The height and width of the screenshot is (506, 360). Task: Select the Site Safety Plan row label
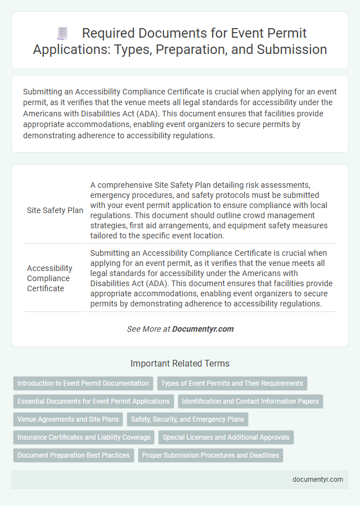coord(55,210)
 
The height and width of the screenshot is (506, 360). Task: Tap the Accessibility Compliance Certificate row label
coord(49,278)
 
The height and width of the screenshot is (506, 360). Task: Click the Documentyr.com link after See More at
coord(203,329)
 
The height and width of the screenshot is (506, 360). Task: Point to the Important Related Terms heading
coord(180,363)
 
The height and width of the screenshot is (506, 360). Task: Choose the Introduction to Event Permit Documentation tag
coord(83,383)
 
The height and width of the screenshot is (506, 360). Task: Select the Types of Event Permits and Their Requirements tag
coord(232,383)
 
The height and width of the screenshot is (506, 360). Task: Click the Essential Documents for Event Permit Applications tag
coord(93,401)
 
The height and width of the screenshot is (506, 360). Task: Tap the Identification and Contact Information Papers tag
coord(250,401)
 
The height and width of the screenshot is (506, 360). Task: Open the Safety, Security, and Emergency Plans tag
coord(187,419)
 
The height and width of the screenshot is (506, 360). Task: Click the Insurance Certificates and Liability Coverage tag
coord(84,437)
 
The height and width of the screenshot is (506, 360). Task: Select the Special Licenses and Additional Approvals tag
coord(226,437)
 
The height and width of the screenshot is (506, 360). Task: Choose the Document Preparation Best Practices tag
coord(74,455)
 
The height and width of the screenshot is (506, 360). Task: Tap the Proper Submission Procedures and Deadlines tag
coord(210,455)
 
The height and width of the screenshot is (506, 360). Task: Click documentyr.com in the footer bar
coord(318,480)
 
